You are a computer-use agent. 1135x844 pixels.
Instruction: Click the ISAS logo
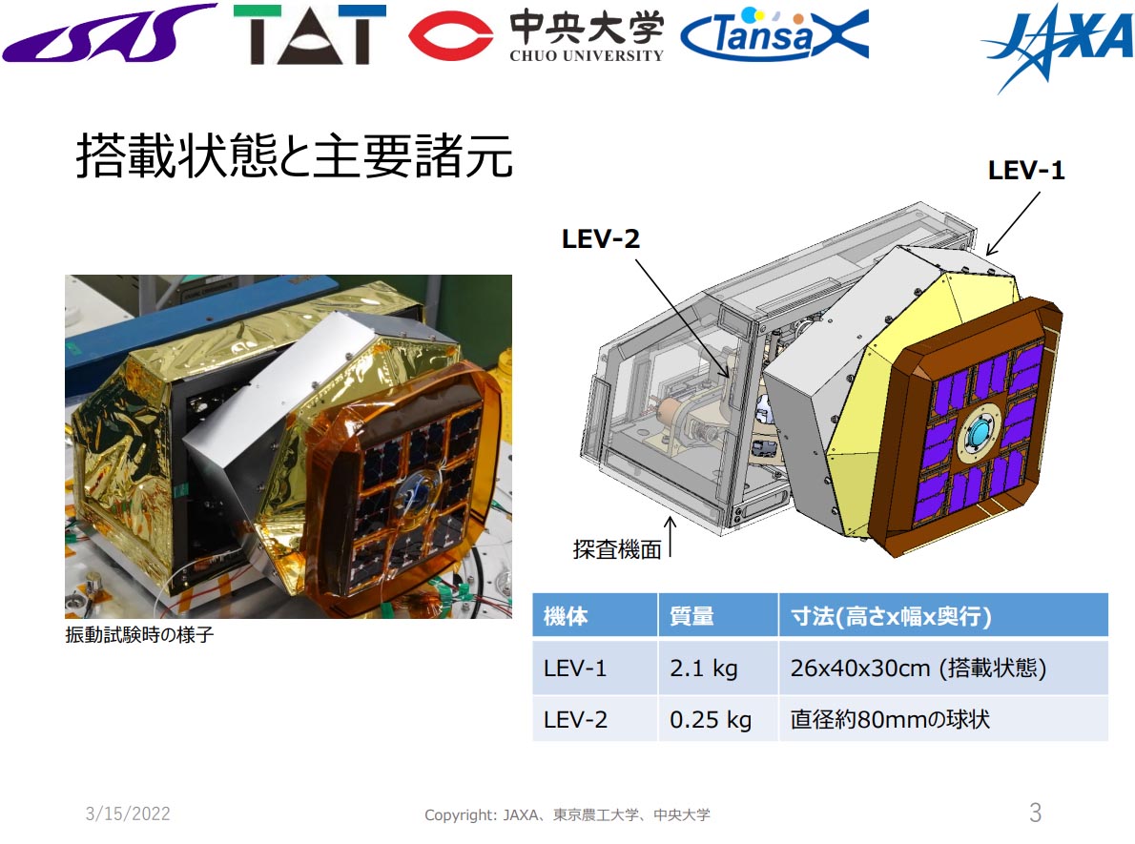[109, 36]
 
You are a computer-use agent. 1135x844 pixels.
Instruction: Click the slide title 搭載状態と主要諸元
[294, 158]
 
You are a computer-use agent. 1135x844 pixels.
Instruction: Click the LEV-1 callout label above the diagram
[1026, 172]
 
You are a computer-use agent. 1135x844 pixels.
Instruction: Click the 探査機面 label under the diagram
[617, 549]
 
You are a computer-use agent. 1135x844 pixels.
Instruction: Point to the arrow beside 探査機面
[673, 536]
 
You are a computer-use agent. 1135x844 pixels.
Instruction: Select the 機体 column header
[566, 616]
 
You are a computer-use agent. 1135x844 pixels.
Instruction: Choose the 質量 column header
[691, 616]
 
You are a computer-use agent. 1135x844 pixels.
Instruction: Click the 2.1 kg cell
[704, 669]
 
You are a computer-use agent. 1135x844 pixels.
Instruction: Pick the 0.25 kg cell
[711, 719]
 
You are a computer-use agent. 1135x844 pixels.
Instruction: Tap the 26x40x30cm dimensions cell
[918, 669]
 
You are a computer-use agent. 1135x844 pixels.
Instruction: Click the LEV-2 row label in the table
[575, 719]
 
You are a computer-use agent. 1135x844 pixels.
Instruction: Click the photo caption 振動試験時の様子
[139, 635]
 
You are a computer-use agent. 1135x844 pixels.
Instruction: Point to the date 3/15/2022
[128, 813]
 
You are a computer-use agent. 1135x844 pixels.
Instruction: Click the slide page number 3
[1035, 813]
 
